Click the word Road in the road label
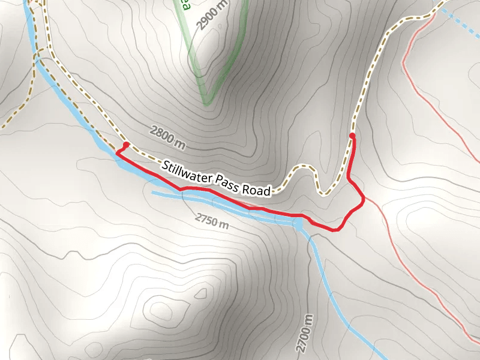tap(257, 190)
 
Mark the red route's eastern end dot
tap(352, 136)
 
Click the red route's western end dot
tap(126, 145)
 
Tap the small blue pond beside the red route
tap(298, 224)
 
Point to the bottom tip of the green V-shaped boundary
tap(206, 103)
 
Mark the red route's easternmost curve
tap(364, 200)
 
